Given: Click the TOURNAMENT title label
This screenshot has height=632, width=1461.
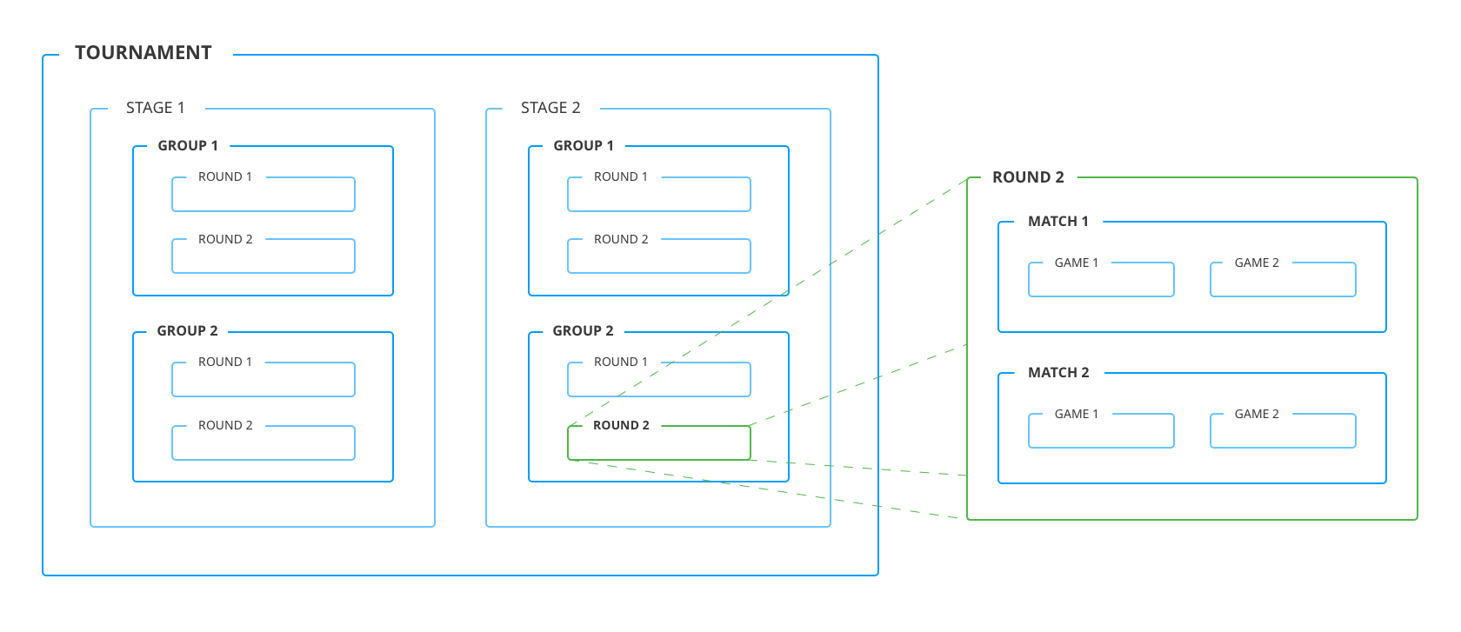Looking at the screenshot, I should [x=143, y=53].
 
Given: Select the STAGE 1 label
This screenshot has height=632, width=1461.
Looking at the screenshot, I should [x=155, y=108].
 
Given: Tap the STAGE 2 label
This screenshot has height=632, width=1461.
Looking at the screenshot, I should [x=550, y=108].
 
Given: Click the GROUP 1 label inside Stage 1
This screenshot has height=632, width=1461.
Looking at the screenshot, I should [x=188, y=146].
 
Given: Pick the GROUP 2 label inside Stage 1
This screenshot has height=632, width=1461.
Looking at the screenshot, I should [x=188, y=331].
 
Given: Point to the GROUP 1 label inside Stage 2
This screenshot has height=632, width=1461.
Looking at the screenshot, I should [x=584, y=146].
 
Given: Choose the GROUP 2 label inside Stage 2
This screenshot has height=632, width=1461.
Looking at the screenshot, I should [x=584, y=331].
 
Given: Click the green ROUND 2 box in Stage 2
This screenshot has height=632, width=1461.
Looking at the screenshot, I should [x=658, y=442].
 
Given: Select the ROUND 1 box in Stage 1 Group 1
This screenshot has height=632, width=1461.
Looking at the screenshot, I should [x=264, y=195].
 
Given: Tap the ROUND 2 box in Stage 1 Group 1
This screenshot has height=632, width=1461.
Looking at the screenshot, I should [x=264, y=256].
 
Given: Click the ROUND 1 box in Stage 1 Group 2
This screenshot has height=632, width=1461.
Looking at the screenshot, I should [x=264, y=380].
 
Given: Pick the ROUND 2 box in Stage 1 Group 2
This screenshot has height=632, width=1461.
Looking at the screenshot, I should [x=264, y=443].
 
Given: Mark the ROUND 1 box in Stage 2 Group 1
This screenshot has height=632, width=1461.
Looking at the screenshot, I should [x=658, y=195].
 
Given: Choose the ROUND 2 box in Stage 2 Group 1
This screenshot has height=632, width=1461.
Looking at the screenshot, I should [x=658, y=256].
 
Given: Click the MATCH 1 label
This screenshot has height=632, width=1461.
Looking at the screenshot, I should [x=1058, y=222].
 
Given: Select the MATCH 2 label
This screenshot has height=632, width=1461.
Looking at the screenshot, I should [x=1058, y=373].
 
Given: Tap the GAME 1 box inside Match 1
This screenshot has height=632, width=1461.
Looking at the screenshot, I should [x=1101, y=280].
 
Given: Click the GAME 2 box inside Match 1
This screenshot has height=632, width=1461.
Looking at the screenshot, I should [x=1283, y=280].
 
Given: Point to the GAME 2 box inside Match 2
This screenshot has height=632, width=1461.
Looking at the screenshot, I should [x=1283, y=431].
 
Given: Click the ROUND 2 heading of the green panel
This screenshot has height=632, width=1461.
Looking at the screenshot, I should [x=1028, y=177].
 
